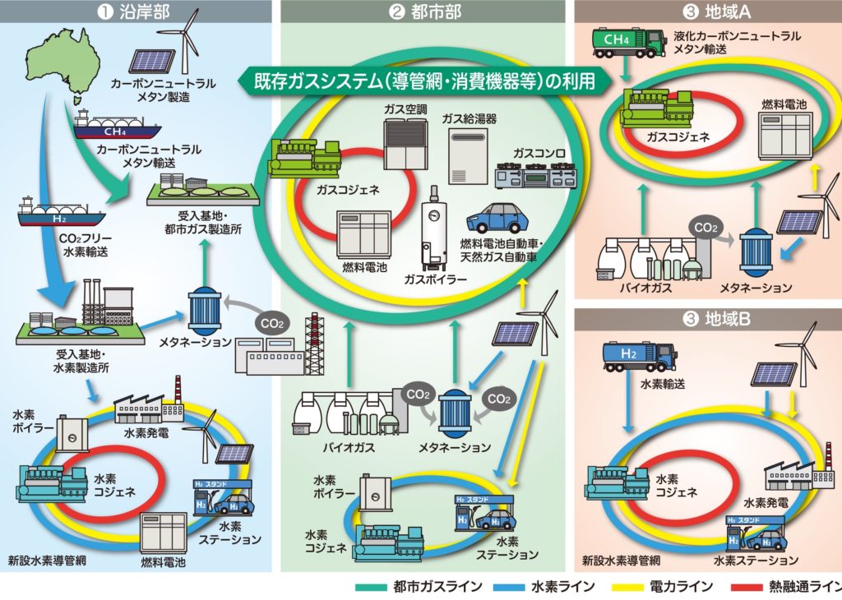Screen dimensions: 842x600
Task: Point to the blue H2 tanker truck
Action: point(638,357)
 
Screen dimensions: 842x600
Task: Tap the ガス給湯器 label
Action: point(469,118)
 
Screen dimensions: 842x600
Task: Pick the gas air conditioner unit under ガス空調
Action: point(405,143)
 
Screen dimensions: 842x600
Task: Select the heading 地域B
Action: point(716,320)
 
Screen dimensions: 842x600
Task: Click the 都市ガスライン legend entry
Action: point(419,587)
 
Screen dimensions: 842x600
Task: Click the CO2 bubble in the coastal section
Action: point(272,324)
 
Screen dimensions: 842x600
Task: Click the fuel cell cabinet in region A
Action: point(784,135)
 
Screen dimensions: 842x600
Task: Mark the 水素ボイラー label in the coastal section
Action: point(28,422)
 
